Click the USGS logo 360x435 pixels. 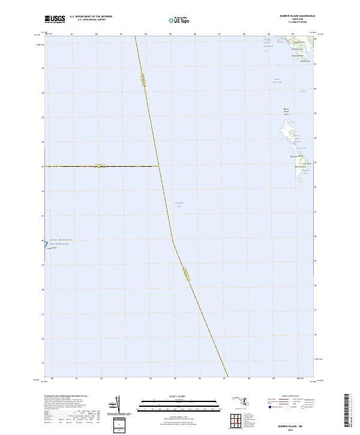pos(55,19)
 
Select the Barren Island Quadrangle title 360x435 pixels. pos(296,16)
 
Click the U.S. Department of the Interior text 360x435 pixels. pos(91,17)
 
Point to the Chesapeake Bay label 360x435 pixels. pos(178,204)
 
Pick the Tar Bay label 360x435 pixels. pos(304,91)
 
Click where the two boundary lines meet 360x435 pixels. pos(158,166)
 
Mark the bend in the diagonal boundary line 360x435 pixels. pos(173,240)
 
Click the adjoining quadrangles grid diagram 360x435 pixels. pos(236,422)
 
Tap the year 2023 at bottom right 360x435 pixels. pos(296,429)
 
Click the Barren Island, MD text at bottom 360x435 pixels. pos(296,424)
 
